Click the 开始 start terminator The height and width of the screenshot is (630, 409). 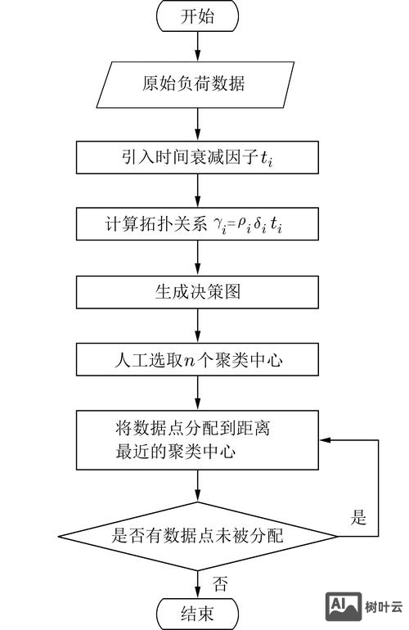click(197, 17)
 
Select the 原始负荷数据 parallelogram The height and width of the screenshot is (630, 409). click(197, 84)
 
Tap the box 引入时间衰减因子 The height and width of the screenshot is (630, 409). click(197, 157)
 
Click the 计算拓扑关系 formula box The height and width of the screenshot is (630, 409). click(197, 224)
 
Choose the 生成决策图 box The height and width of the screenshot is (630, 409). click(197, 291)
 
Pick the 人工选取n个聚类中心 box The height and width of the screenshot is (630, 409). click(197, 358)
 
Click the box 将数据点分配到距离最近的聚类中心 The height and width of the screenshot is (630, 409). click(197, 441)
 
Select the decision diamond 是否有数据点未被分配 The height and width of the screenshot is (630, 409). click(197, 537)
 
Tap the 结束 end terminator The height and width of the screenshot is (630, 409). click(197, 613)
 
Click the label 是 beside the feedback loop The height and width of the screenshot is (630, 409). click(358, 517)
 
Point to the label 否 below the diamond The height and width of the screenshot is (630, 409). click(220, 583)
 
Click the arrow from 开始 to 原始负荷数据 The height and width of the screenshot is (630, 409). click(197, 47)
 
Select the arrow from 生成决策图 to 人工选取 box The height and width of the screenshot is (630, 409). click(197, 325)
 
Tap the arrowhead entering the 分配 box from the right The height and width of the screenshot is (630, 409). click(324, 441)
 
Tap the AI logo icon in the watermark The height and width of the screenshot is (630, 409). click(344, 605)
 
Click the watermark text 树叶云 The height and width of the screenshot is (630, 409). click(384, 606)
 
